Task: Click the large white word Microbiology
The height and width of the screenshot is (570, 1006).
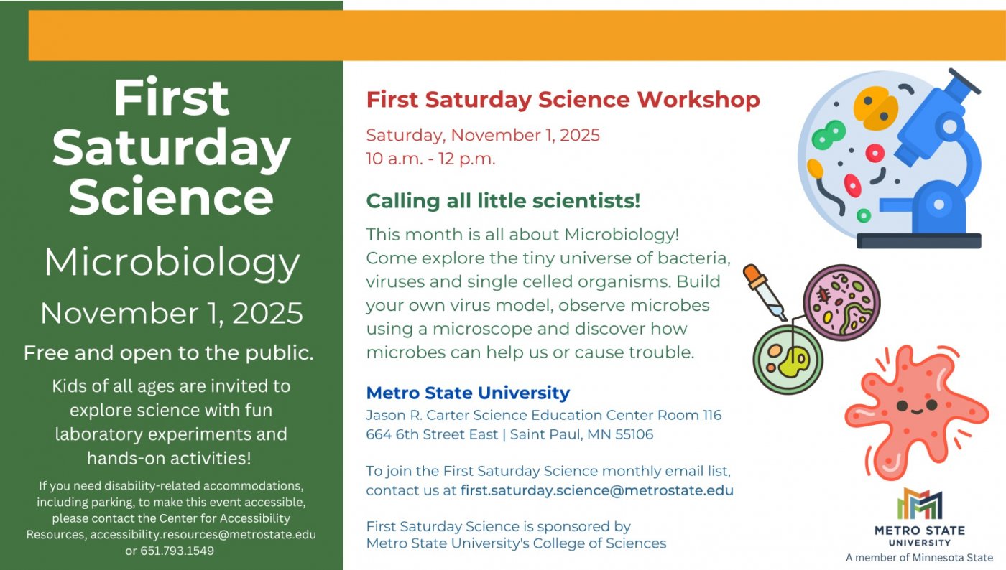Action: tap(171, 263)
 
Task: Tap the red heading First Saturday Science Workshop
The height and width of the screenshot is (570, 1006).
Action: tap(563, 100)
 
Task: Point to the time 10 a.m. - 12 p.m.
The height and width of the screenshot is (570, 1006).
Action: tap(430, 159)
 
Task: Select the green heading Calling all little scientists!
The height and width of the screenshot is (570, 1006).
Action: tap(503, 201)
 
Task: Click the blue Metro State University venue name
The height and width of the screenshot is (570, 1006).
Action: tap(468, 393)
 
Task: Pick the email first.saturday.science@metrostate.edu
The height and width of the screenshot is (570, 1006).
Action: tap(596, 491)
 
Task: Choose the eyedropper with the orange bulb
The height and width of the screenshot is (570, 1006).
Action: tap(765, 291)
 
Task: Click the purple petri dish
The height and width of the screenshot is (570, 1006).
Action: tap(841, 302)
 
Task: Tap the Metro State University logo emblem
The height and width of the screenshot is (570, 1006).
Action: tap(919, 505)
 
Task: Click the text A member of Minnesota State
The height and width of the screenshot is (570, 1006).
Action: tap(919, 558)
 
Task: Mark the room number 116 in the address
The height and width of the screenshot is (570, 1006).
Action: tap(711, 415)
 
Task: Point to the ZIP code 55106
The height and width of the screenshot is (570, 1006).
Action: tap(634, 434)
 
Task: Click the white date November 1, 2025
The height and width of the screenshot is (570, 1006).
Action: tap(171, 314)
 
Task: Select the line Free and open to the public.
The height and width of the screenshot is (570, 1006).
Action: tap(168, 353)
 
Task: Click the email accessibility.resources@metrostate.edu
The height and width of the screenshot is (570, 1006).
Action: tap(203, 535)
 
